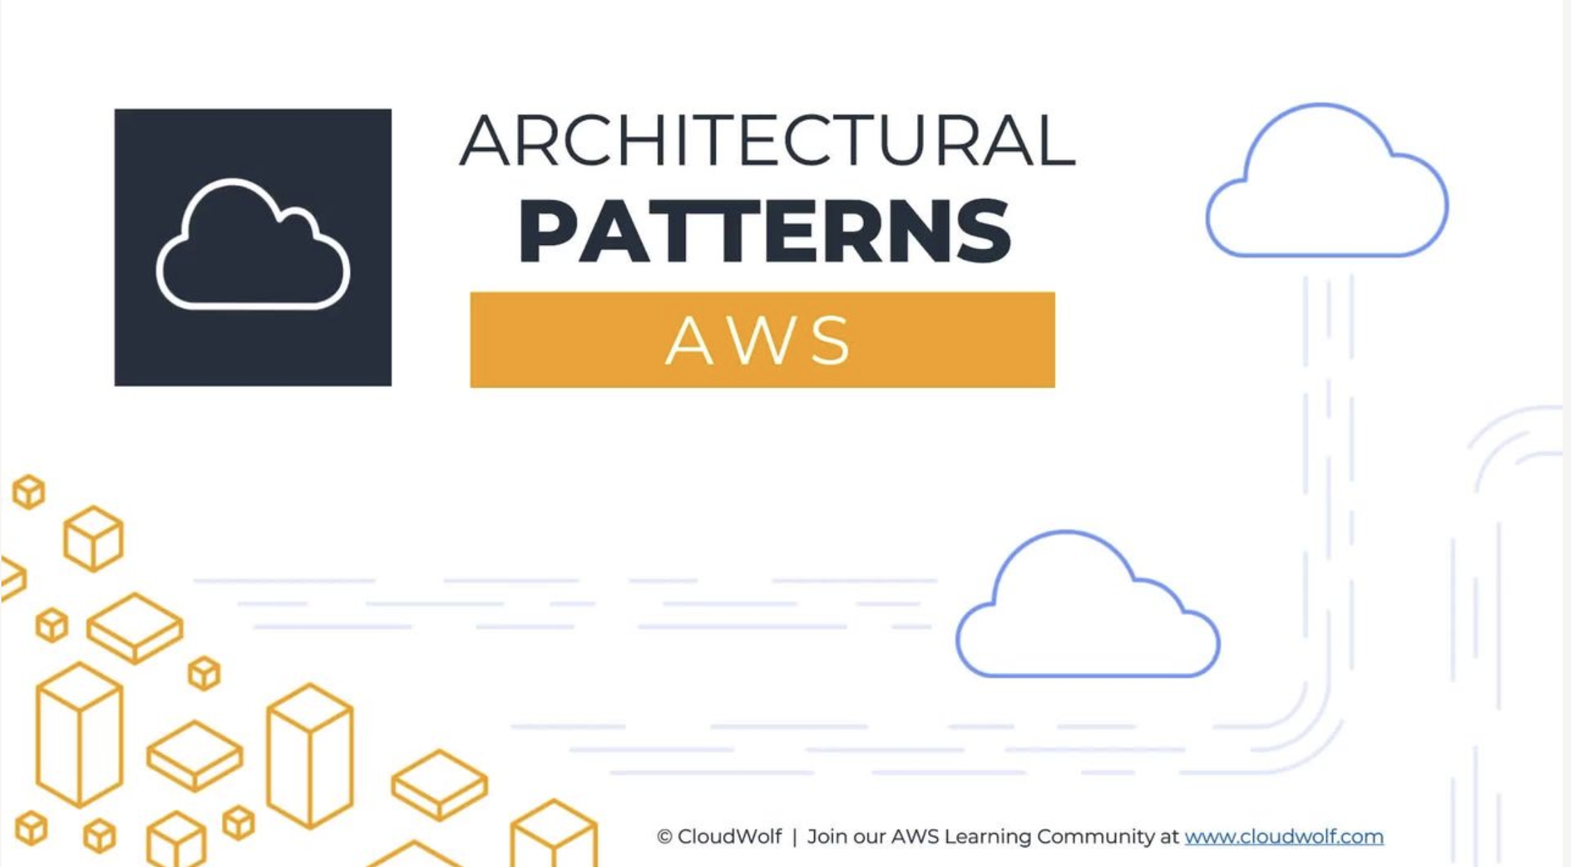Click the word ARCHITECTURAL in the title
coord(767,140)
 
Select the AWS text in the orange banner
coord(758,340)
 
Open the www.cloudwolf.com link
coord(1284,836)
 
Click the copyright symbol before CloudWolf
coord(664,836)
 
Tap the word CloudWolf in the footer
coord(729,836)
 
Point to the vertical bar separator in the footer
coord(795,836)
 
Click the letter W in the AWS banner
coord(759,340)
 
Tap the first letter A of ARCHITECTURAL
coord(485,140)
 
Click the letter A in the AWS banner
coord(689,340)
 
